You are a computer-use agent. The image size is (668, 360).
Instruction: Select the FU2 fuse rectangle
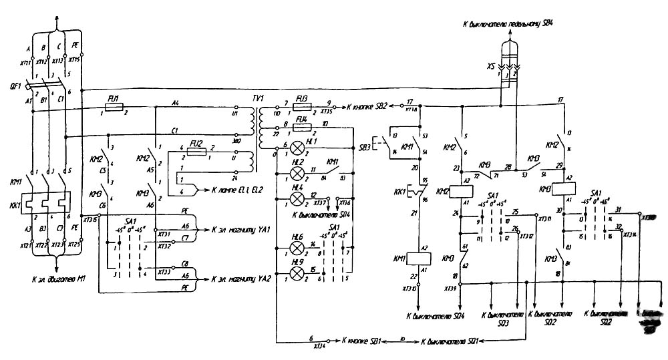pyautogui.click(x=196, y=152)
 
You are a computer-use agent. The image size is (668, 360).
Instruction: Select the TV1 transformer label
pyautogui.click(x=258, y=98)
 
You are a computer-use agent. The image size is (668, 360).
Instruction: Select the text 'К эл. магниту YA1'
pyautogui.click(x=239, y=230)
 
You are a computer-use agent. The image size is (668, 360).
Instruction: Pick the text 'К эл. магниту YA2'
pyautogui.click(x=239, y=279)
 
